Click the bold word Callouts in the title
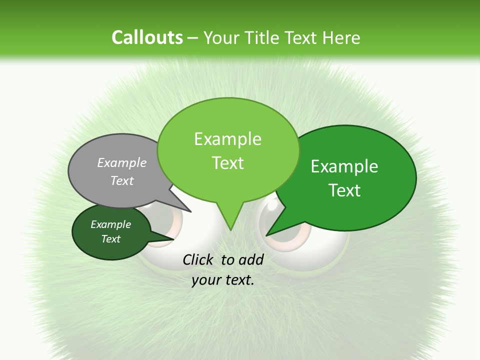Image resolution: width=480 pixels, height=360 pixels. click(x=147, y=37)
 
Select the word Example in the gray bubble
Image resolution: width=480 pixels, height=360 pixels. click(x=122, y=162)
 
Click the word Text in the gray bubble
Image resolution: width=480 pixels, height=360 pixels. click(x=122, y=180)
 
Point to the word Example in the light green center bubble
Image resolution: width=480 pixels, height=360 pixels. click(x=227, y=139)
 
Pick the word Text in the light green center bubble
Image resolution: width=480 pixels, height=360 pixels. click(x=227, y=163)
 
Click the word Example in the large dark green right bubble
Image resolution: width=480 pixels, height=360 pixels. click(x=344, y=166)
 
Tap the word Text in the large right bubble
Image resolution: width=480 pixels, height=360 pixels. click(x=344, y=190)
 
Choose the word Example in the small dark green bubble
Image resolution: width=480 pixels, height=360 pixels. click(x=110, y=224)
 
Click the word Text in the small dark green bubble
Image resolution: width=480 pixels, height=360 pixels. click(x=110, y=239)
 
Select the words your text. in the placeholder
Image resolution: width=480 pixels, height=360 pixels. click(x=222, y=280)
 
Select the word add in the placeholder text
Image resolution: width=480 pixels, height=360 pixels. click(x=251, y=259)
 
